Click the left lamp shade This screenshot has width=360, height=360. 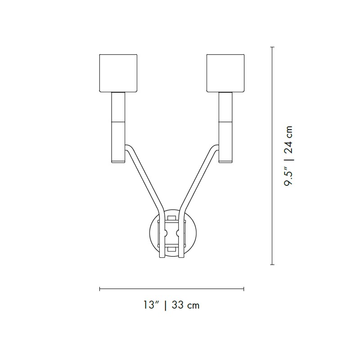coord(118,73)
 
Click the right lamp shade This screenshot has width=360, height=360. coord(225,73)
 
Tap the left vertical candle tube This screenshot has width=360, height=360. coord(118,127)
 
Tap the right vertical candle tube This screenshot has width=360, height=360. coord(225,127)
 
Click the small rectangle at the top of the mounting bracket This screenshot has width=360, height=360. coord(172,218)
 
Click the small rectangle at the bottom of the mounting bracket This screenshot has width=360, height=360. coord(172,249)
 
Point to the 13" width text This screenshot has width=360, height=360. coord(152,305)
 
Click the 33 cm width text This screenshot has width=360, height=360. coord(185,305)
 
